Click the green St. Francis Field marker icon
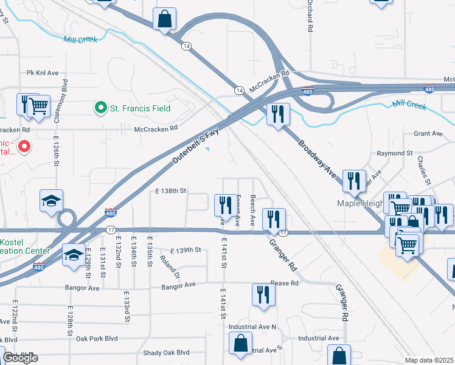pos(102,108)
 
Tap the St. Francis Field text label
pos(140,109)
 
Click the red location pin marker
pos(24,146)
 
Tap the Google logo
pos(21,358)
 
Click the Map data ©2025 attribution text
pos(429,360)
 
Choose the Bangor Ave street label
pos(178,285)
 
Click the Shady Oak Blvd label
pos(166,352)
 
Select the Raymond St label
pos(395,153)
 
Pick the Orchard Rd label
pos(310,18)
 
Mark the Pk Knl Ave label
pos(43,73)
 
